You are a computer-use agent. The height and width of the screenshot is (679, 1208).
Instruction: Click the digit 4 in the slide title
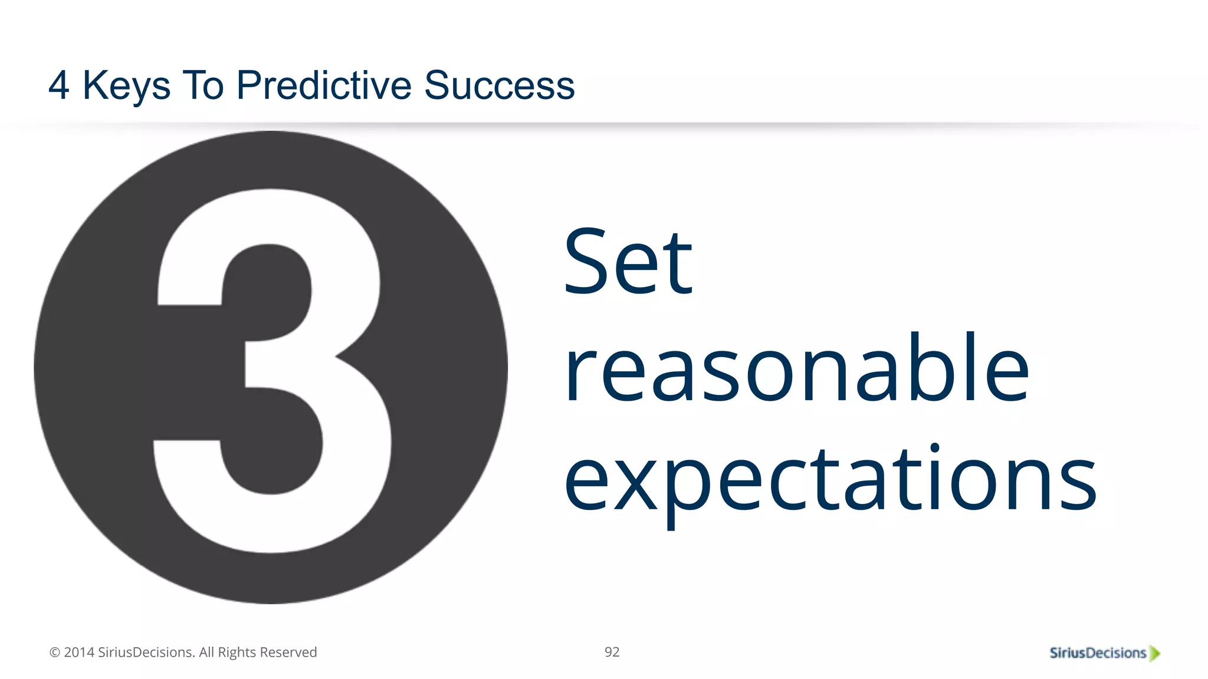(x=59, y=86)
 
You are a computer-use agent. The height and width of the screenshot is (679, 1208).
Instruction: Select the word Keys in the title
(x=126, y=86)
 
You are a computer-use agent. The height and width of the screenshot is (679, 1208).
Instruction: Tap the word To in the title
(x=203, y=86)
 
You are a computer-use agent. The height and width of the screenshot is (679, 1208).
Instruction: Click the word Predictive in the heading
(x=324, y=86)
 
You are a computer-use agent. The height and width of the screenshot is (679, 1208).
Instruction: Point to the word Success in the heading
(x=499, y=86)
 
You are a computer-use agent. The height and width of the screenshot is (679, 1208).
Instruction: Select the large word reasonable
(x=796, y=368)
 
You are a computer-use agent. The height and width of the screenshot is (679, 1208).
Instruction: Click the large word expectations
(x=829, y=477)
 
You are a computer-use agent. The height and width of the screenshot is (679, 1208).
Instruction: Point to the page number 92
(x=612, y=652)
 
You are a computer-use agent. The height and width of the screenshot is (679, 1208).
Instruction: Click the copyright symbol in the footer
(x=55, y=652)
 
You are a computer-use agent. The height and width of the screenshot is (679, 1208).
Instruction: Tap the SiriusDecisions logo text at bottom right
(x=1098, y=653)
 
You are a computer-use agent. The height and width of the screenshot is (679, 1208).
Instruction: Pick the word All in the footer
(x=206, y=652)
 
